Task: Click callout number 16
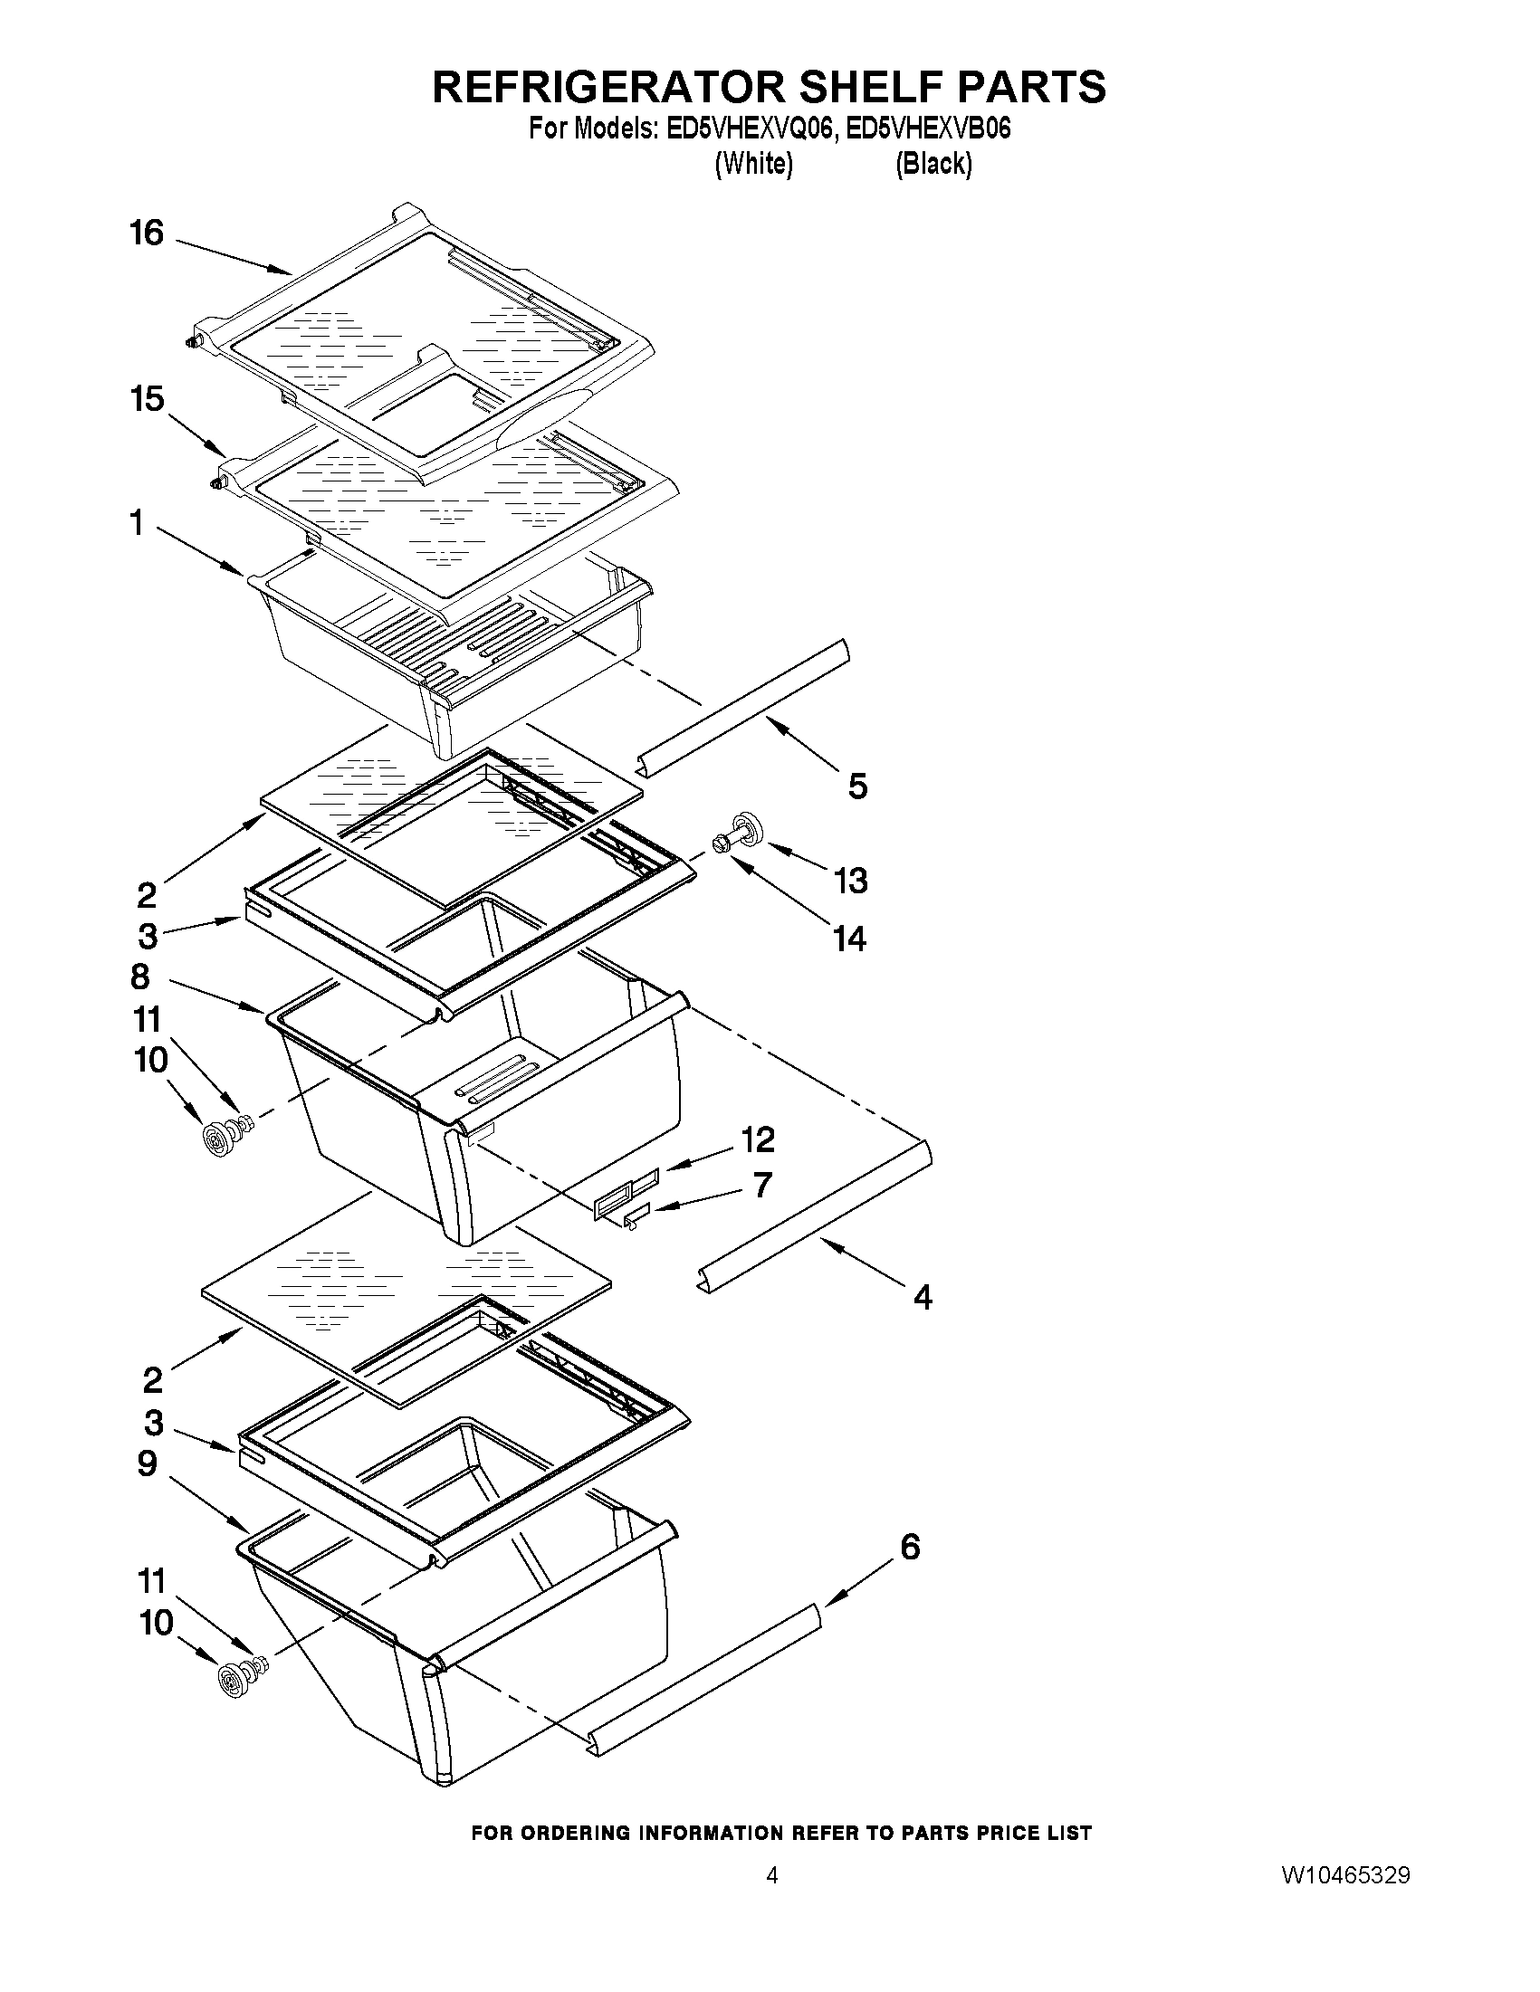[x=146, y=234]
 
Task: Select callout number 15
[x=146, y=398]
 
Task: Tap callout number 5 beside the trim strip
[x=857, y=786]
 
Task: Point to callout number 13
[x=850, y=881]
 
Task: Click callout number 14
[x=849, y=939]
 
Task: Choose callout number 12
[x=757, y=1139]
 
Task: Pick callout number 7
[x=762, y=1185]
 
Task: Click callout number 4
[x=923, y=1296]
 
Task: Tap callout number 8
[x=139, y=977]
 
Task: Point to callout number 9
[x=147, y=1463]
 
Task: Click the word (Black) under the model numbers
[x=933, y=164]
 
